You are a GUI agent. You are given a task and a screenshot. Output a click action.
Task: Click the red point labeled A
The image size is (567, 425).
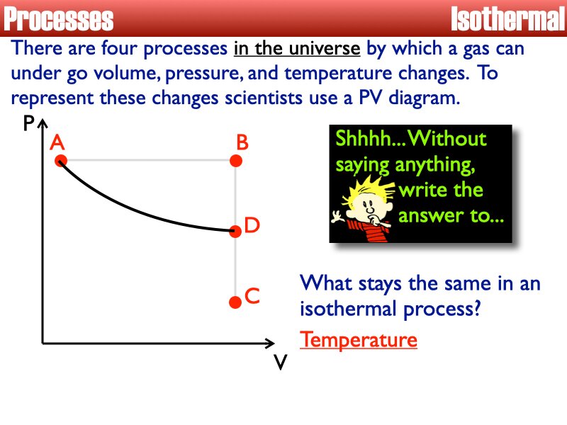tap(60, 161)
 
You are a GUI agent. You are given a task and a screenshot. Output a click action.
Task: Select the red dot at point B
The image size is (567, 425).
tap(237, 161)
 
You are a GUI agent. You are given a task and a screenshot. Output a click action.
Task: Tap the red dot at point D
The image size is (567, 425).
tap(236, 229)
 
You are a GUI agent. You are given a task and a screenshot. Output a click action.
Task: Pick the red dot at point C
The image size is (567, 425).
tap(236, 302)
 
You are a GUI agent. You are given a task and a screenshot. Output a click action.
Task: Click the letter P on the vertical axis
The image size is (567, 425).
tap(28, 125)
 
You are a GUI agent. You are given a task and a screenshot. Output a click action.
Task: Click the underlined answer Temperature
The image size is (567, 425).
tap(359, 340)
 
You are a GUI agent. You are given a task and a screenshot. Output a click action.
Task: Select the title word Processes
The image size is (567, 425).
tap(58, 19)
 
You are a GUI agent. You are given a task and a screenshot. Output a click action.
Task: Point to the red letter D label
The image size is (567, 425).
tap(253, 226)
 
